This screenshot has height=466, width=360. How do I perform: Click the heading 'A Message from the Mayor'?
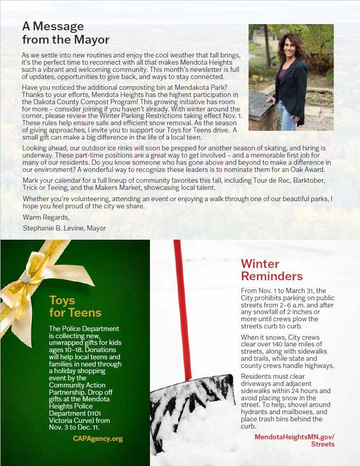[x=65, y=32]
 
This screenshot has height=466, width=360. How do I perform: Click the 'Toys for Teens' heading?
[x=75, y=306]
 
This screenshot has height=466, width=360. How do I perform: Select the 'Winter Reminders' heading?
[x=272, y=270]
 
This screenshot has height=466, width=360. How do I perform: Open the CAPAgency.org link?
[x=98, y=439]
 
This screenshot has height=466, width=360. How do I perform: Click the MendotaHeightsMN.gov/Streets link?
[x=295, y=440]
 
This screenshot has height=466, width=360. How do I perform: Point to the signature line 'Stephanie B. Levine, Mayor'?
[x=64, y=228]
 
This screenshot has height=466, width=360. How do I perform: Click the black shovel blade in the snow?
[x=195, y=400]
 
